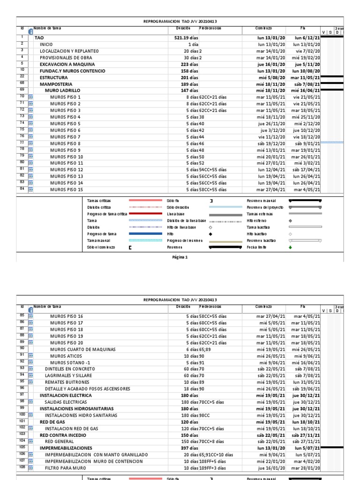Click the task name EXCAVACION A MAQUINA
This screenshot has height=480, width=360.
(x=67, y=64)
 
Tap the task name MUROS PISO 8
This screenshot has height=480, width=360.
(x=65, y=143)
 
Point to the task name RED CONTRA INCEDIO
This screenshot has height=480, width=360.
(x=64, y=435)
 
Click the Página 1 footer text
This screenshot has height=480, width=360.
(x=180, y=257)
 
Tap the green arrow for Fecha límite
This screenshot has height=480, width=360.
(x=290, y=247)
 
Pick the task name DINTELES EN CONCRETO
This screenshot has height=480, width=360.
(x=67, y=369)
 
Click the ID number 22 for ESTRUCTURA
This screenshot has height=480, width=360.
(x=22, y=77)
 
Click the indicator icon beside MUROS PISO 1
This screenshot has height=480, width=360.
(x=31, y=97)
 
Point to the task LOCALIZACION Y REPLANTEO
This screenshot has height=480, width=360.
(x=69, y=51)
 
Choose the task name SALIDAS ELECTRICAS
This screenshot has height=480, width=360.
(x=66, y=402)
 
